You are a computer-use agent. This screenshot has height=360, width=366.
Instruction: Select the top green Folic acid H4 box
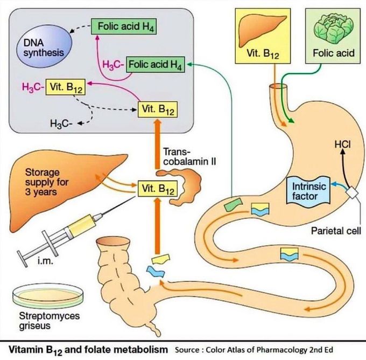coord(123,26)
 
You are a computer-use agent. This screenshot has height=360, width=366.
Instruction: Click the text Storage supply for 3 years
coord(47,181)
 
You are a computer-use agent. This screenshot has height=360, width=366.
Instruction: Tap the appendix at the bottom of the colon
coord(157,326)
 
